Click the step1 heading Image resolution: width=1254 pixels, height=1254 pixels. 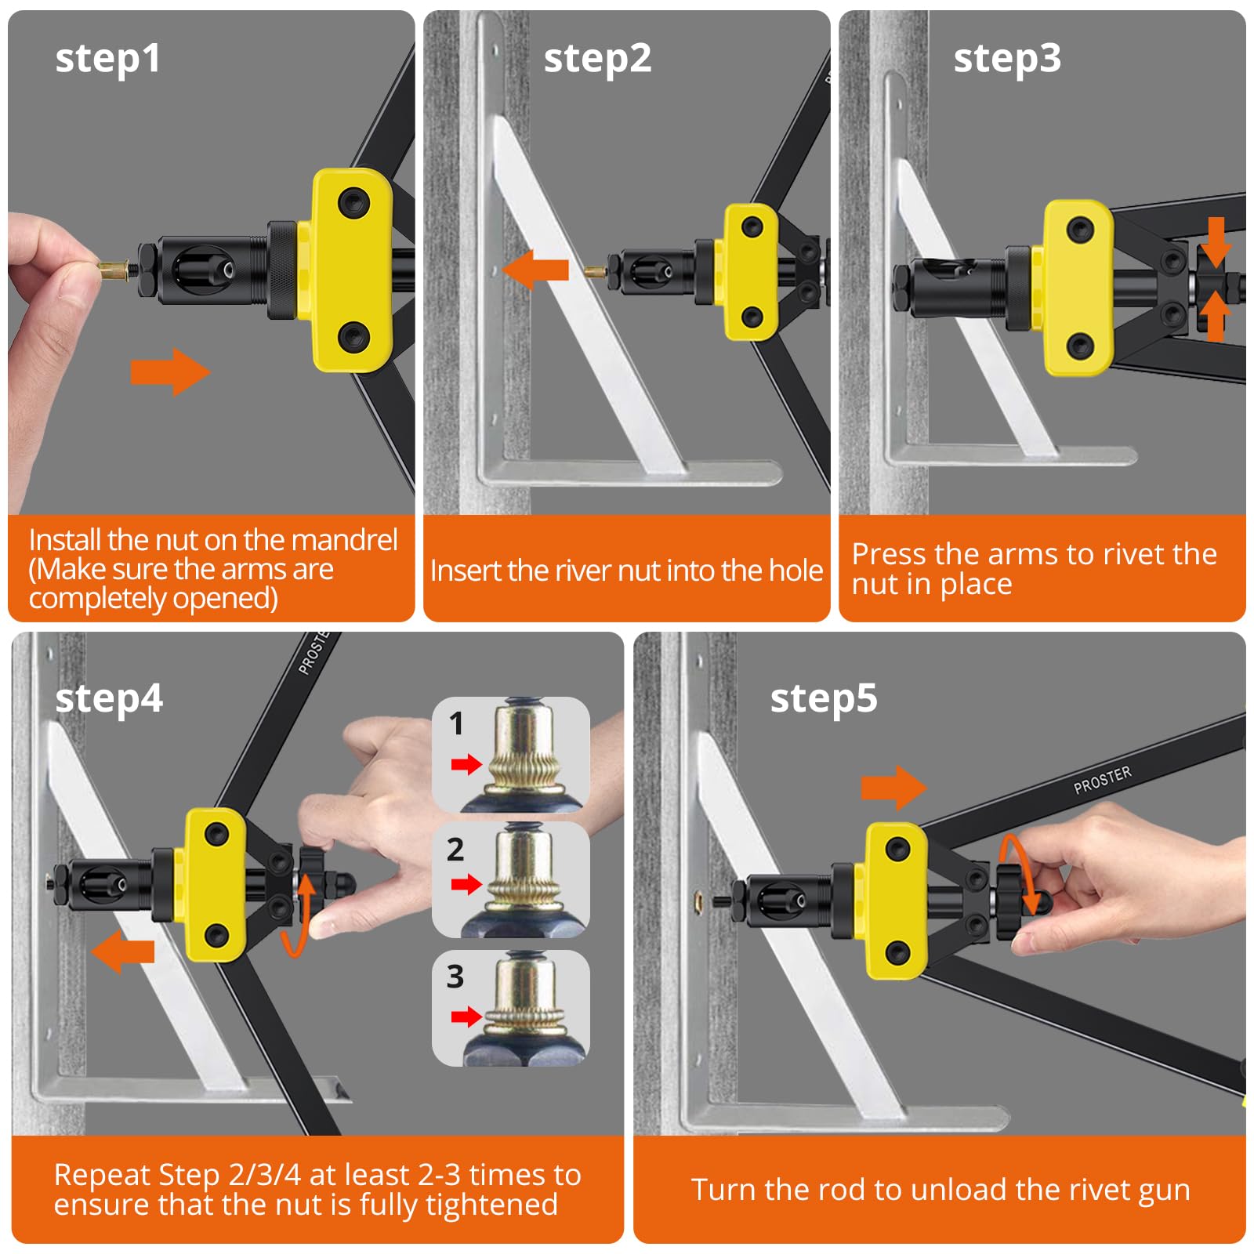pos(108,59)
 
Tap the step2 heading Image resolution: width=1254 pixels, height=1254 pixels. pos(597,59)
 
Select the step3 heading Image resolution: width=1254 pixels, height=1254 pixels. pos(1007,59)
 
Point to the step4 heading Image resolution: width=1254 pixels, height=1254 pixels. pos(109,699)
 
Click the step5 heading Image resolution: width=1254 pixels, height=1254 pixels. pos(824,699)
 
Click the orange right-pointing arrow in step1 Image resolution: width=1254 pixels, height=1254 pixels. pos(171,371)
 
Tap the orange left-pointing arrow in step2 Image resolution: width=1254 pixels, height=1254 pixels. pos(536,270)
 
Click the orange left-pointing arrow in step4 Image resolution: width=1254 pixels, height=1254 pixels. pos(123,951)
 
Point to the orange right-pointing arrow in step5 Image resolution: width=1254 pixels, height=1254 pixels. pos(893,788)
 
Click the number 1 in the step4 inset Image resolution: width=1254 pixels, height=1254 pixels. pos(456,723)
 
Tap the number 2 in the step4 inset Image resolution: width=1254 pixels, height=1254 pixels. pos(455,850)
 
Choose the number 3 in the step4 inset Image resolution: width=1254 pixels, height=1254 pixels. pos(455,977)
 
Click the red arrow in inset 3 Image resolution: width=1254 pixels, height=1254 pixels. pos(467,1017)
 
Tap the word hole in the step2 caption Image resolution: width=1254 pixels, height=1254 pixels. pos(796,571)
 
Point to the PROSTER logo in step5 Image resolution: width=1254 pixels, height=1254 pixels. pos(1103,780)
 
